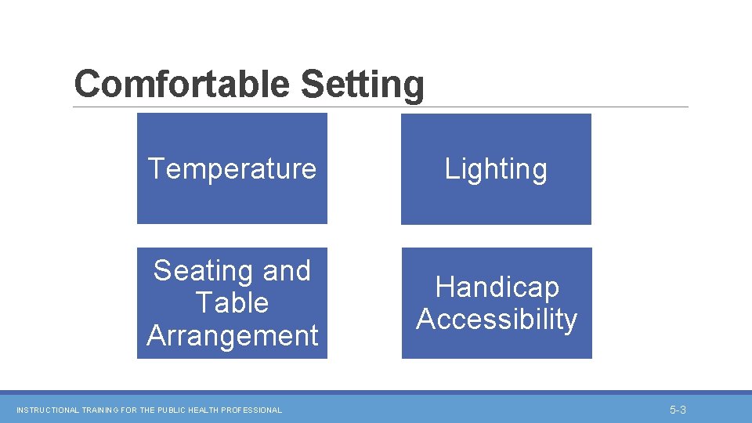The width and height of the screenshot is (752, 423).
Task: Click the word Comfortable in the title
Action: coord(184,85)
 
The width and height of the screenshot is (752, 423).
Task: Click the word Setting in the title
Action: coord(362,85)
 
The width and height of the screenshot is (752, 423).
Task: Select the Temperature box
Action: coord(232,168)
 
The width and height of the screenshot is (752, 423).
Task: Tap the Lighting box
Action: coord(496,168)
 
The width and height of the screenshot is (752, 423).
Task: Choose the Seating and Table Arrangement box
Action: coord(232,303)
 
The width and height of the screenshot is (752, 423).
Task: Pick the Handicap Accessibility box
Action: coord(497,303)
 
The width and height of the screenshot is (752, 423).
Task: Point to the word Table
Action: coord(232,303)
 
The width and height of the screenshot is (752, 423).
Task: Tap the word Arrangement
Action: coord(232,335)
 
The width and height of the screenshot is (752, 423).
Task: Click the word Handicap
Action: coord(497,287)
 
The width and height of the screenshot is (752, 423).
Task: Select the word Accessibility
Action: coord(497,320)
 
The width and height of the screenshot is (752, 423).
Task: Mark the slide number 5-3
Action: coord(678,410)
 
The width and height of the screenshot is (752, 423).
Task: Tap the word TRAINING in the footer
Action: coord(99,410)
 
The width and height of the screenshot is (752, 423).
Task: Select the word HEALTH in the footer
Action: coord(201,410)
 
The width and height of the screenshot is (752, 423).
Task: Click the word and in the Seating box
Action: coord(287,271)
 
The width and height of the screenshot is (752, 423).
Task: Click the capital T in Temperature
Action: coord(156,168)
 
